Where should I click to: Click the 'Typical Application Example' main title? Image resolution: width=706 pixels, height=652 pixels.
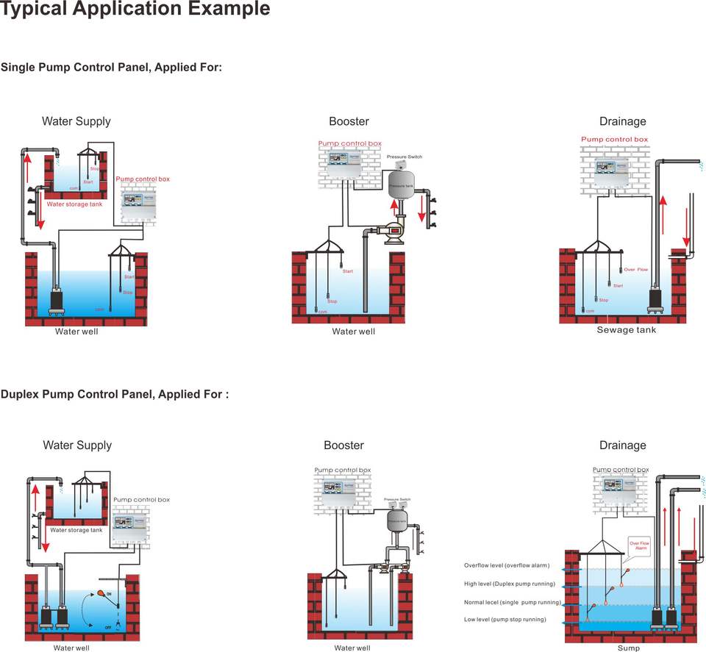pyautogui.click(x=135, y=10)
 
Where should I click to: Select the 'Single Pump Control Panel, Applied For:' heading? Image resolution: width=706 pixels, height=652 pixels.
pyautogui.click(x=111, y=68)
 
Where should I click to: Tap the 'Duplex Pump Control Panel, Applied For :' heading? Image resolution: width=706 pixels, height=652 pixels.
pyautogui.click(x=115, y=394)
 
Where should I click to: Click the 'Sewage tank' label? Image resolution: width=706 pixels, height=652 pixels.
pyautogui.click(x=626, y=330)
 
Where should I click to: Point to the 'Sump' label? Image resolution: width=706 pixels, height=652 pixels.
pyautogui.click(x=628, y=648)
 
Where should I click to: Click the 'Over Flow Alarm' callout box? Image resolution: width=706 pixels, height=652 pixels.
pyautogui.click(x=640, y=545)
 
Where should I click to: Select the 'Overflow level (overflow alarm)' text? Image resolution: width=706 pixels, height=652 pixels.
pyautogui.click(x=507, y=565)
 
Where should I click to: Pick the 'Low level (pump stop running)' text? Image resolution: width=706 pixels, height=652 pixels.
pyautogui.click(x=504, y=620)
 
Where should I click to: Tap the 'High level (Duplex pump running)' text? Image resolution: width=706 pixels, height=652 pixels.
pyautogui.click(x=509, y=584)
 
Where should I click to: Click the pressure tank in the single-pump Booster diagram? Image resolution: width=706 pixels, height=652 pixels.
pyautogui.click(x=402, y=186)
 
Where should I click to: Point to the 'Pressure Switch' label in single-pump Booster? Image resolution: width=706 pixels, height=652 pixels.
pyautogui.click(x=404, y=157)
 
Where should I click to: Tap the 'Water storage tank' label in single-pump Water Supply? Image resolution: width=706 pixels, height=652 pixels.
pyautogui.click(x=74, y=204)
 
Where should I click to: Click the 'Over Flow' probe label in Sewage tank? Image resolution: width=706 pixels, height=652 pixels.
pyautogui.click(x=636, y=270)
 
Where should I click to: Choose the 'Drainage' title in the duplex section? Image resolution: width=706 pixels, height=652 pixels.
pyautogui.click(x=622, y=445)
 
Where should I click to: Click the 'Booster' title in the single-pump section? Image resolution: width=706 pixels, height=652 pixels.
pyautogui.click(x=349, y=121)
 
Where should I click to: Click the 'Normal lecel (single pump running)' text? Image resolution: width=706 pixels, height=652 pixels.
pyautogui.click(x=513, y=602)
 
